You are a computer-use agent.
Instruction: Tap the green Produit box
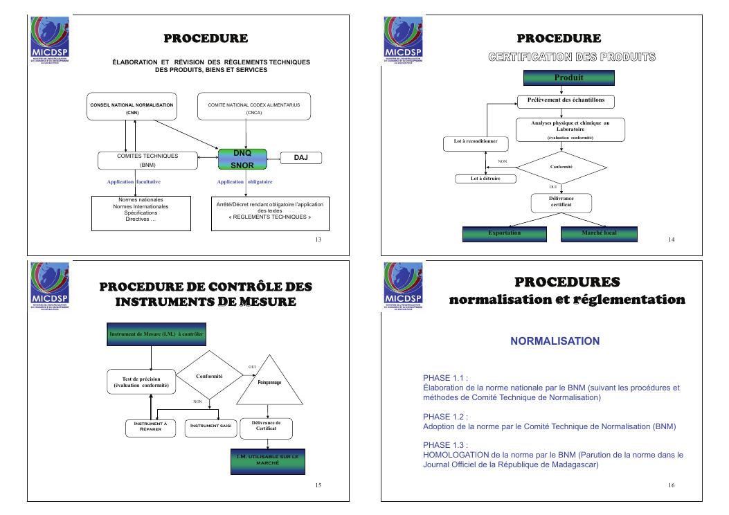click(568, 78)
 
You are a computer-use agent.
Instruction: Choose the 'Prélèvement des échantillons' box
click(566, 100)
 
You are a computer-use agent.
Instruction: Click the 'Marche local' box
click(600, 233)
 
